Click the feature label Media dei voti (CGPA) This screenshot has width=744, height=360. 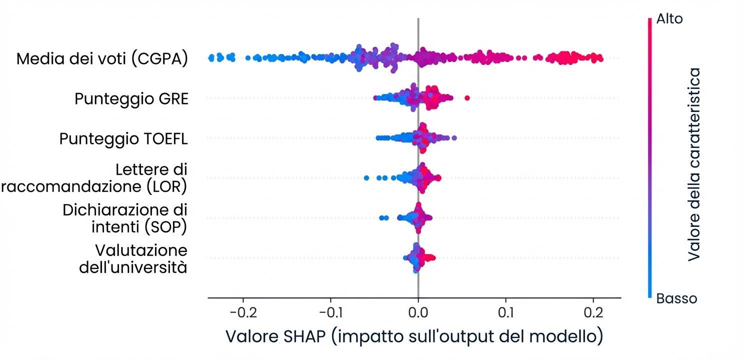click(x=102, y=59)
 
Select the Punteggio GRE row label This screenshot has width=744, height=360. click(x=131, y=99)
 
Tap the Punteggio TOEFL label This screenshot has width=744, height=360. click(x=123, y=138)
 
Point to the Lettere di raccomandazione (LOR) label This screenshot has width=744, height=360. click(x=95, y=178)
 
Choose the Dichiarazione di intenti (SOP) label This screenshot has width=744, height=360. click(x=125, y=218)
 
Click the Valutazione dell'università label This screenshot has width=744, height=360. click(x=133, y=258)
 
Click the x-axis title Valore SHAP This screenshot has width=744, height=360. click(x=414, y=335)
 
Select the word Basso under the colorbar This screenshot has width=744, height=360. click(x=676, y=298)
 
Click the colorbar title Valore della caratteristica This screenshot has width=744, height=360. click(x=693, y=165)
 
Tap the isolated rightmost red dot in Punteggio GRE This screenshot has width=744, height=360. click(x=467, y=97)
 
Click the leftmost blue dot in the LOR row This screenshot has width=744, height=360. click(x=366, y=178)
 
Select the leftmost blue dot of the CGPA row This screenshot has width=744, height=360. click(x=210, y=58)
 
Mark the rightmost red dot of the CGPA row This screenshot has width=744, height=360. click(x=600, y=59)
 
